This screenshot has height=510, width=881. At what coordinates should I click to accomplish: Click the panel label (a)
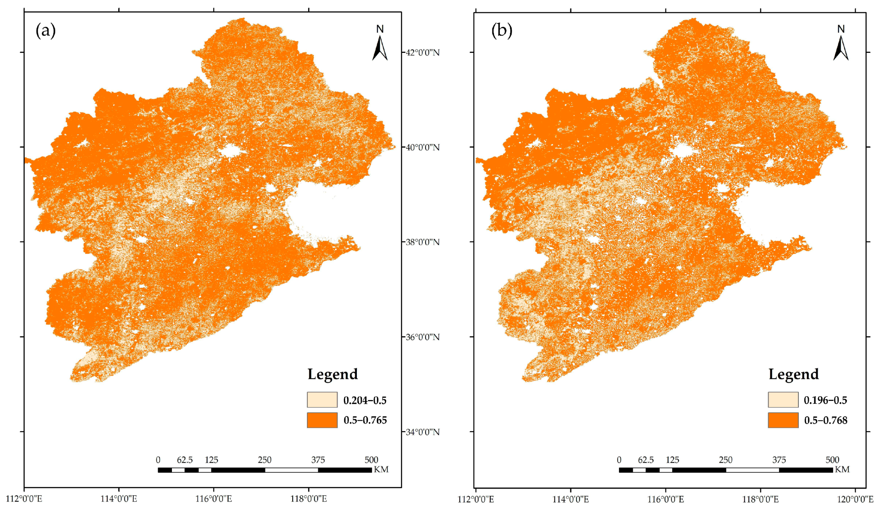coord(45,31)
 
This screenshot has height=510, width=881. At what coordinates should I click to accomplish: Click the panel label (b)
coord(502,31)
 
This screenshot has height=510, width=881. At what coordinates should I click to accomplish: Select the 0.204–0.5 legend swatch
coord(322,400)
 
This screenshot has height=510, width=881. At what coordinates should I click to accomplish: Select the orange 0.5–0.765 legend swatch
coord(322,420)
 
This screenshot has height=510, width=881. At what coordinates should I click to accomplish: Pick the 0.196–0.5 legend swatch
coord(783,400)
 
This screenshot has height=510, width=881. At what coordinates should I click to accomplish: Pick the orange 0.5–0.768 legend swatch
coord(783,420)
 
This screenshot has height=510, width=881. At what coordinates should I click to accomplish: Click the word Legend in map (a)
coord(333,374)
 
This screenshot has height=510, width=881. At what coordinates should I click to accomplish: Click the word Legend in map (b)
coord(793,374)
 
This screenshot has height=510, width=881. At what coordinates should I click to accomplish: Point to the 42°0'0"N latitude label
coord(422,52)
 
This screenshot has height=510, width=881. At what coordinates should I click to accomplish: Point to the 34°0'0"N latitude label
coord(422,432)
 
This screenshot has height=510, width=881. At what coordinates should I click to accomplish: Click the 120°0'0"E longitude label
coord(855,499)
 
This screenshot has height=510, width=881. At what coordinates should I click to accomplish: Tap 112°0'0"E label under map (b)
coord(476,499)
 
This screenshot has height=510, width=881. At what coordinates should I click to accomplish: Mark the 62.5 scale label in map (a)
coord(185,460)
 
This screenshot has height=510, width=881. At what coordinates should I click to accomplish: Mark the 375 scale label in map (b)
coord(779,460)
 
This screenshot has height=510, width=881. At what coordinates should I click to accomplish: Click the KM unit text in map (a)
coord(381,469)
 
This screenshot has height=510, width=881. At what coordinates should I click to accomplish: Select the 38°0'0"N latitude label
coord(422,242)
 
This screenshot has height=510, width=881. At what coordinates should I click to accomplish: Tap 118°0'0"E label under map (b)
coord(760,499)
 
